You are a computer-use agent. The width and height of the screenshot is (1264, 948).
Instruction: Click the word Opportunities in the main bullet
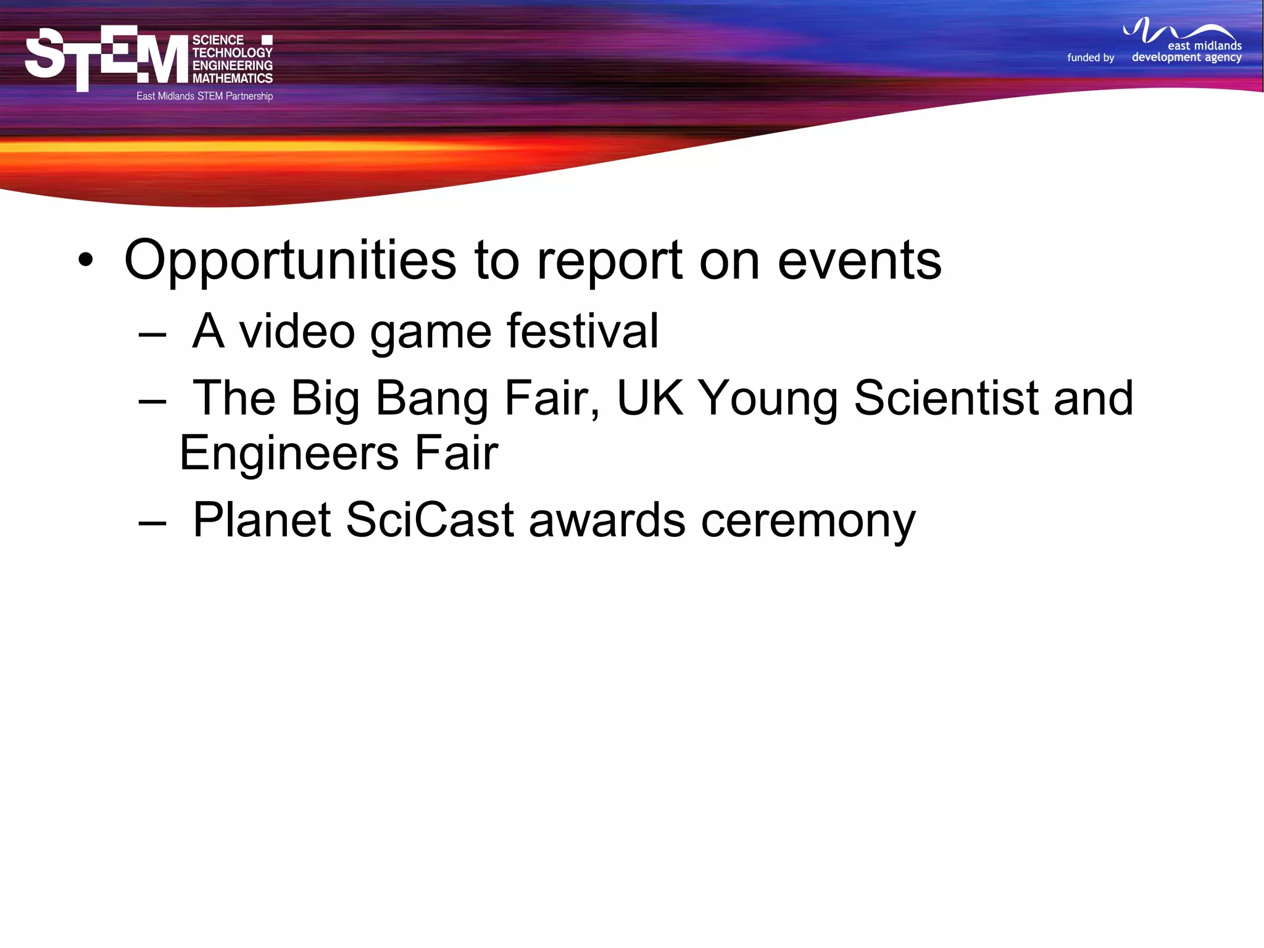click(x=290, y=261)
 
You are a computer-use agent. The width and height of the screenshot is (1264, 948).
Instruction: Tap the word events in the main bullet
click(x=859, y=261)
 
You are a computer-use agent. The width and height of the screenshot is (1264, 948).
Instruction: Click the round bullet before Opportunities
click(x=86, y=260)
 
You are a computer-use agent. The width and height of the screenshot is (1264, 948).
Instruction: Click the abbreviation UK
click(x=650, y=397)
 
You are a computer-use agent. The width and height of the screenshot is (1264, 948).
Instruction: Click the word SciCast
click(x=430, y=520)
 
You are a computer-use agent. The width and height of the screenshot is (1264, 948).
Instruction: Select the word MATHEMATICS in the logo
click(x=232, y=78)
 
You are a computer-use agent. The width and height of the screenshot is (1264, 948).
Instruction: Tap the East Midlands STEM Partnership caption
click(x=204, y=96)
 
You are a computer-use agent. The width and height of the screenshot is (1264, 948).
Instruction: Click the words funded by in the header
click(x=1091, y=57)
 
